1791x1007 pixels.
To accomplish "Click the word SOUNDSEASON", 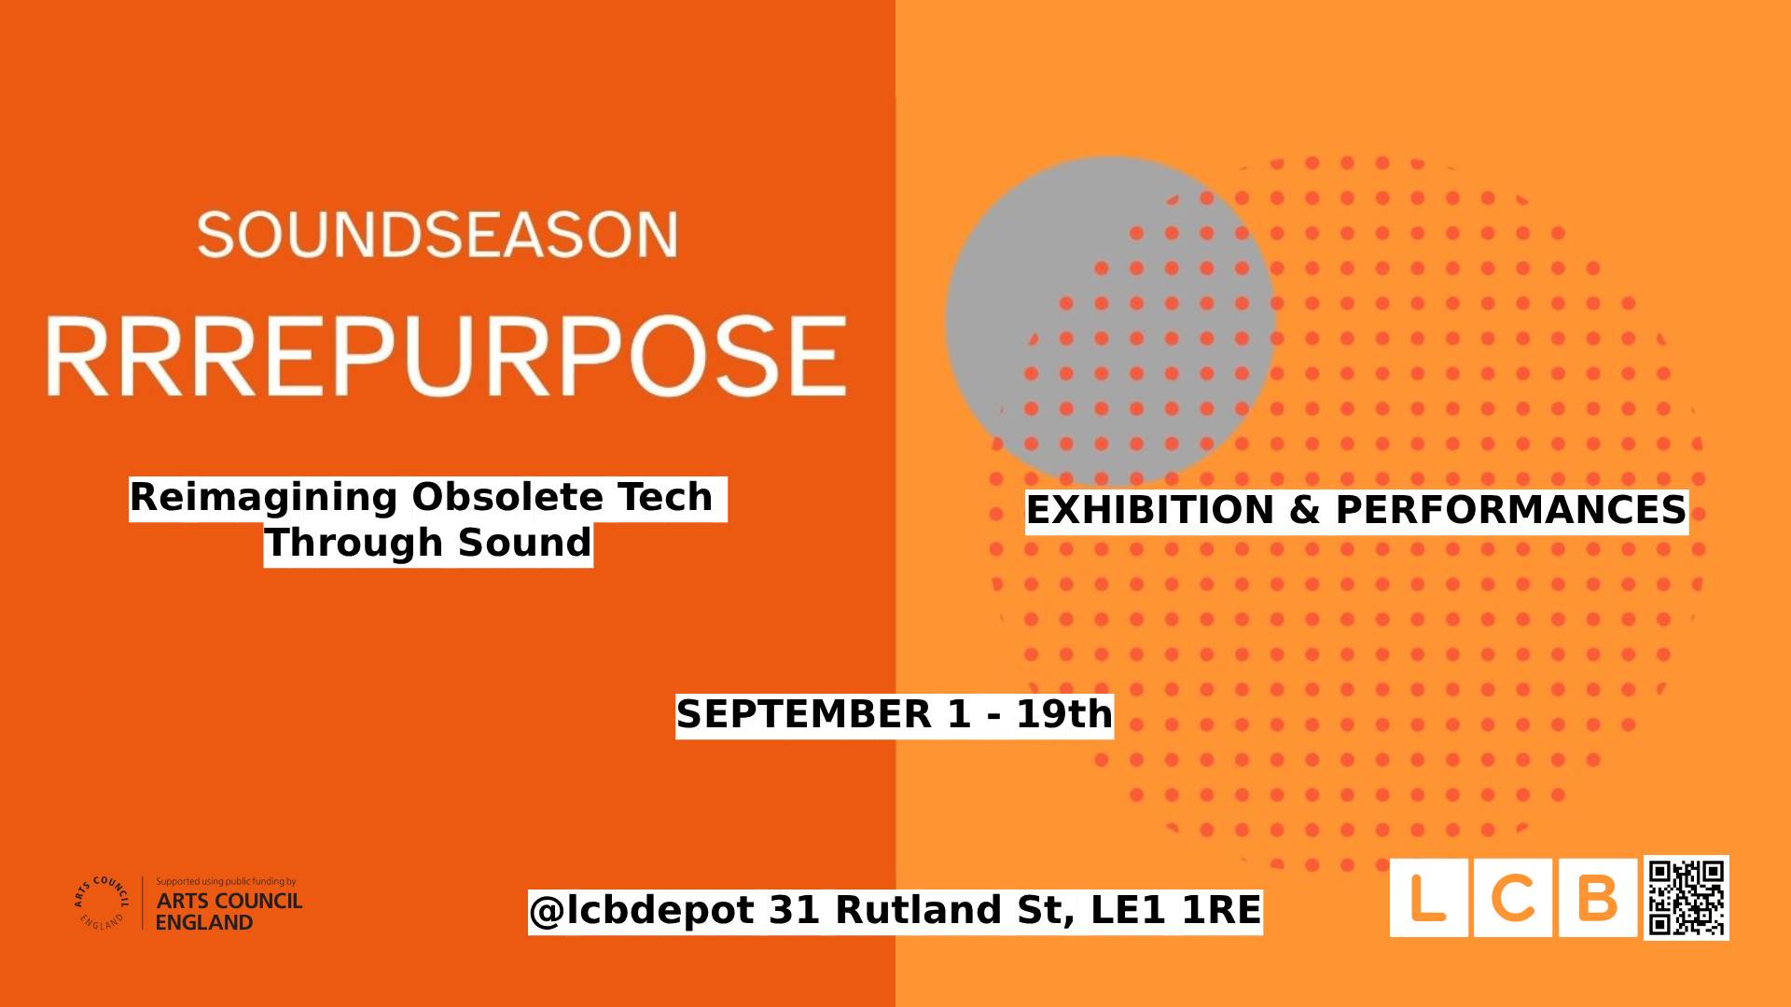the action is [x=437, y=235].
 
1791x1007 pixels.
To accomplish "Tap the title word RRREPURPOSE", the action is [x=447, y=356].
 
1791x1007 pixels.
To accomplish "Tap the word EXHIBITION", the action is [x=1150, y=511].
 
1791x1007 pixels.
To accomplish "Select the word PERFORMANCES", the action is [x=1511, y=511].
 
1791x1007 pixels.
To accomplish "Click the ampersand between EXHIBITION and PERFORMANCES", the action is [x=1305, y=511].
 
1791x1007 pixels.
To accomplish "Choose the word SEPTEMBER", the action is [x=804, y=715].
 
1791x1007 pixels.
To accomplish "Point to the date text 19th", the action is [x=1064, y=715].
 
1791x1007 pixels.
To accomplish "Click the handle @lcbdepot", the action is [x=643, y=911].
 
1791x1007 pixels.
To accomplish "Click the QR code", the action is [x=1687, y=898].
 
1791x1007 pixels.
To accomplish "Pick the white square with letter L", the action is [x=1429, y=897].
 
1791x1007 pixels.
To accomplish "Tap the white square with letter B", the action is [x=1598, y=897].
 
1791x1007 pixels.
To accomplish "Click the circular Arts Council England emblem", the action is [x=102, y=903].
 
